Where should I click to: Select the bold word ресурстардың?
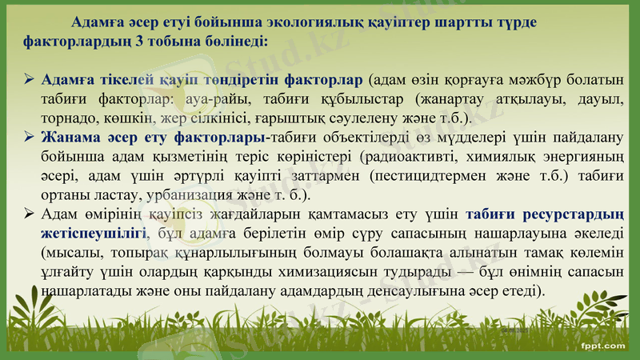(572, 214)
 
